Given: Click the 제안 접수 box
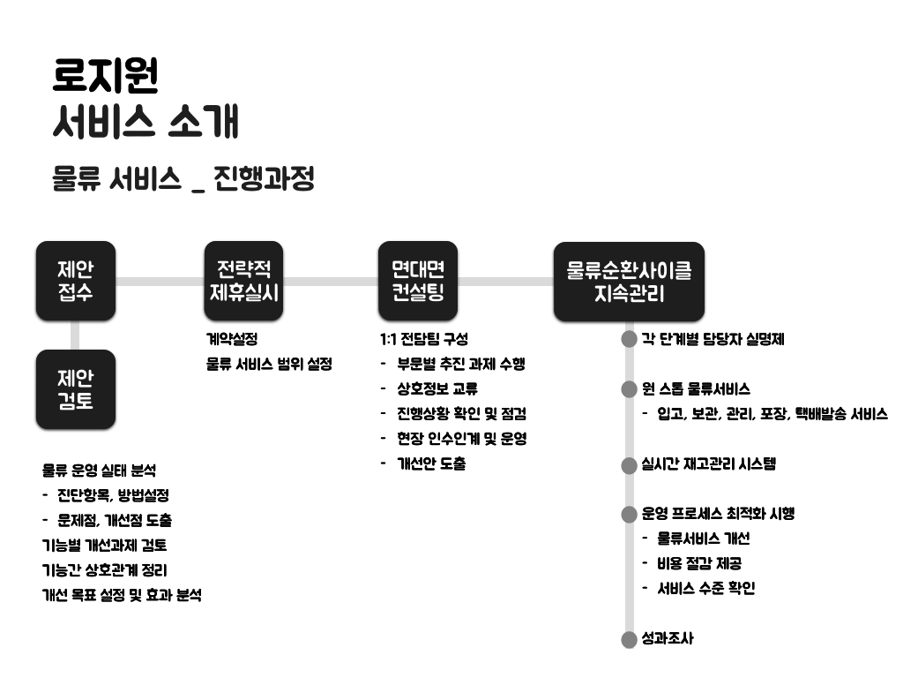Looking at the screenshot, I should [76, 281].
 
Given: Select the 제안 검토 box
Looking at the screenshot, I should [76, 389].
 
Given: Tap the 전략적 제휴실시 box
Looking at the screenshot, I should [243, 281].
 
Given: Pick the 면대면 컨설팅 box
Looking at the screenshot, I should [418, 281].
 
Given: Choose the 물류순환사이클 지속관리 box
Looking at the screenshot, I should [629, 282].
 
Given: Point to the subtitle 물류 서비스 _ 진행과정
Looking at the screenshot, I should [183, 179].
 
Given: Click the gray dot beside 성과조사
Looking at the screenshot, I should [629, 639].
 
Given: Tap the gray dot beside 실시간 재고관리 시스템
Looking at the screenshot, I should [629, 464].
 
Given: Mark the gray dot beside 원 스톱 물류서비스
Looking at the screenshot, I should [629, 389].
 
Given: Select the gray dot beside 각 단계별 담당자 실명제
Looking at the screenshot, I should [629, 339].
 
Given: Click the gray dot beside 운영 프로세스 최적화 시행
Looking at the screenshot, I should [629, 514].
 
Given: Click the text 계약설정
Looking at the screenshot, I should [231, 339].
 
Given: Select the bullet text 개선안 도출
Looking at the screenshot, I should [431, 463].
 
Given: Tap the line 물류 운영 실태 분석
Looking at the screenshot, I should [99, 471].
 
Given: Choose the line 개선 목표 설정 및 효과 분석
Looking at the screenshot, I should [122, 595].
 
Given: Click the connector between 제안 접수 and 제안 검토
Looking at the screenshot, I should [76, 335].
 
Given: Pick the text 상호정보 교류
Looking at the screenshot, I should [437, 388].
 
